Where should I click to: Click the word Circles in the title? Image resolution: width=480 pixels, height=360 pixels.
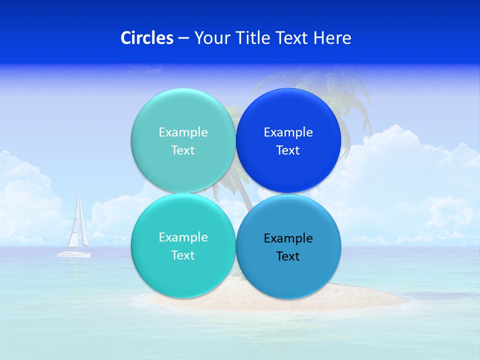click(146, 38)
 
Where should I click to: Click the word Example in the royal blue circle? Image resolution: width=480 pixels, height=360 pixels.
click(288, 132)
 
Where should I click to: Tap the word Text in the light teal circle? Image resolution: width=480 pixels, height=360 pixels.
click(183, 150)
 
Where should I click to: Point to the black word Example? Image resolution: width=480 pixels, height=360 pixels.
click(288, 238)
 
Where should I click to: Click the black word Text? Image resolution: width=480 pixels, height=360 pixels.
click(288, 256)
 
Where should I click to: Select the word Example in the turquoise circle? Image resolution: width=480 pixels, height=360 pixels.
click(183, 237)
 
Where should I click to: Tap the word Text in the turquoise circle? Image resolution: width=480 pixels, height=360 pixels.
click(183, 255)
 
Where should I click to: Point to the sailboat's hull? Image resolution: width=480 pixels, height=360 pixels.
click(73, 254)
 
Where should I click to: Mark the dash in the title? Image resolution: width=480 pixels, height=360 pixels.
click(183, 38)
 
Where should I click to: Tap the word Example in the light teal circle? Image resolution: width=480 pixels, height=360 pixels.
click(183, 132)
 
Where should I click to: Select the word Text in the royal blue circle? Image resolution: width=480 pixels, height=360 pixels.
click(288, 150)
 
